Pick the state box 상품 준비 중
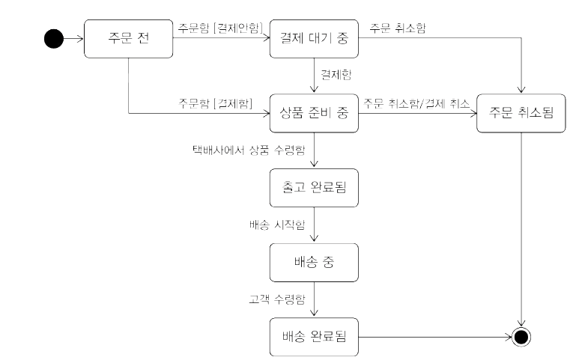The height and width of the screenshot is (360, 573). point(314,114)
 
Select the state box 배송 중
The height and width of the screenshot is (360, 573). point(314,263)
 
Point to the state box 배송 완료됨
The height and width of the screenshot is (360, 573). point(314,337)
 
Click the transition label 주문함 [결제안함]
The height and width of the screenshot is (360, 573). point(220,28)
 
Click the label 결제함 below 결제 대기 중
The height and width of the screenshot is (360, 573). point(336,76)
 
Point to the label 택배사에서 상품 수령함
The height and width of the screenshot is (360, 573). point(249,150)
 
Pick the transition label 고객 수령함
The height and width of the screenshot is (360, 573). point(276,298)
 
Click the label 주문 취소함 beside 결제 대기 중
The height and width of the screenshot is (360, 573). point(398,28)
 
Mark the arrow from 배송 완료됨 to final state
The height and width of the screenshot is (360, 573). point(434,337)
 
